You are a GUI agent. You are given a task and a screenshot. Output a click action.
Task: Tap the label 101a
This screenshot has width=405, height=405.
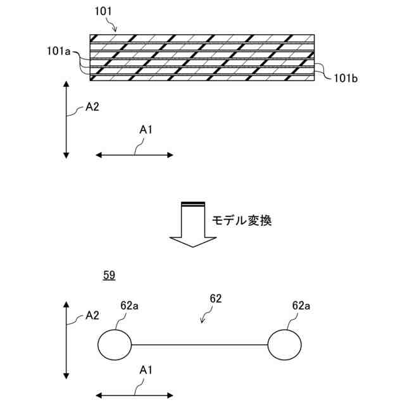pyautogui.click(x=58, y=50)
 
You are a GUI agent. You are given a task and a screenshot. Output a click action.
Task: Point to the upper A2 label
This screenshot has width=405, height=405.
pyautogui.click(x=92, y=108)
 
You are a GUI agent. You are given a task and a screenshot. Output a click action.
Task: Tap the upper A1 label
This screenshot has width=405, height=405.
pyautogui.click(x=146, y=130)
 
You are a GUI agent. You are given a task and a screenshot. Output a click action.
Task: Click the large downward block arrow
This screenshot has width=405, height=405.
pyautogui.click(x=194, y=225)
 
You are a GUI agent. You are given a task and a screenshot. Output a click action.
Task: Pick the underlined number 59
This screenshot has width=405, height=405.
pyautogui.click(x=109, y=275)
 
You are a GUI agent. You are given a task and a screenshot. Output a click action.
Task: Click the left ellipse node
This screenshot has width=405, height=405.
pyautogui.click(x=115, y=345)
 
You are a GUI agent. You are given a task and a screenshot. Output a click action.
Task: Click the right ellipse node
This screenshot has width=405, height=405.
pyautogui.click(x=284, y=345)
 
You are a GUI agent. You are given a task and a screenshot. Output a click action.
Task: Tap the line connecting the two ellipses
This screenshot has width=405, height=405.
pyautogui.click(x=199, y=345)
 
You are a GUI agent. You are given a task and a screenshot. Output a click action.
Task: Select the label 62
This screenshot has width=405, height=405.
pyautogui.click(x=215, y=297)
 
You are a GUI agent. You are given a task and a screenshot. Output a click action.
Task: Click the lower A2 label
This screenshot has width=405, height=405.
pyautogui.click(x=92, y=315)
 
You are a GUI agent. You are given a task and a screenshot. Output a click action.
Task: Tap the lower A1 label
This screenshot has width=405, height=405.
pyautogui.click(x=146, y=369)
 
